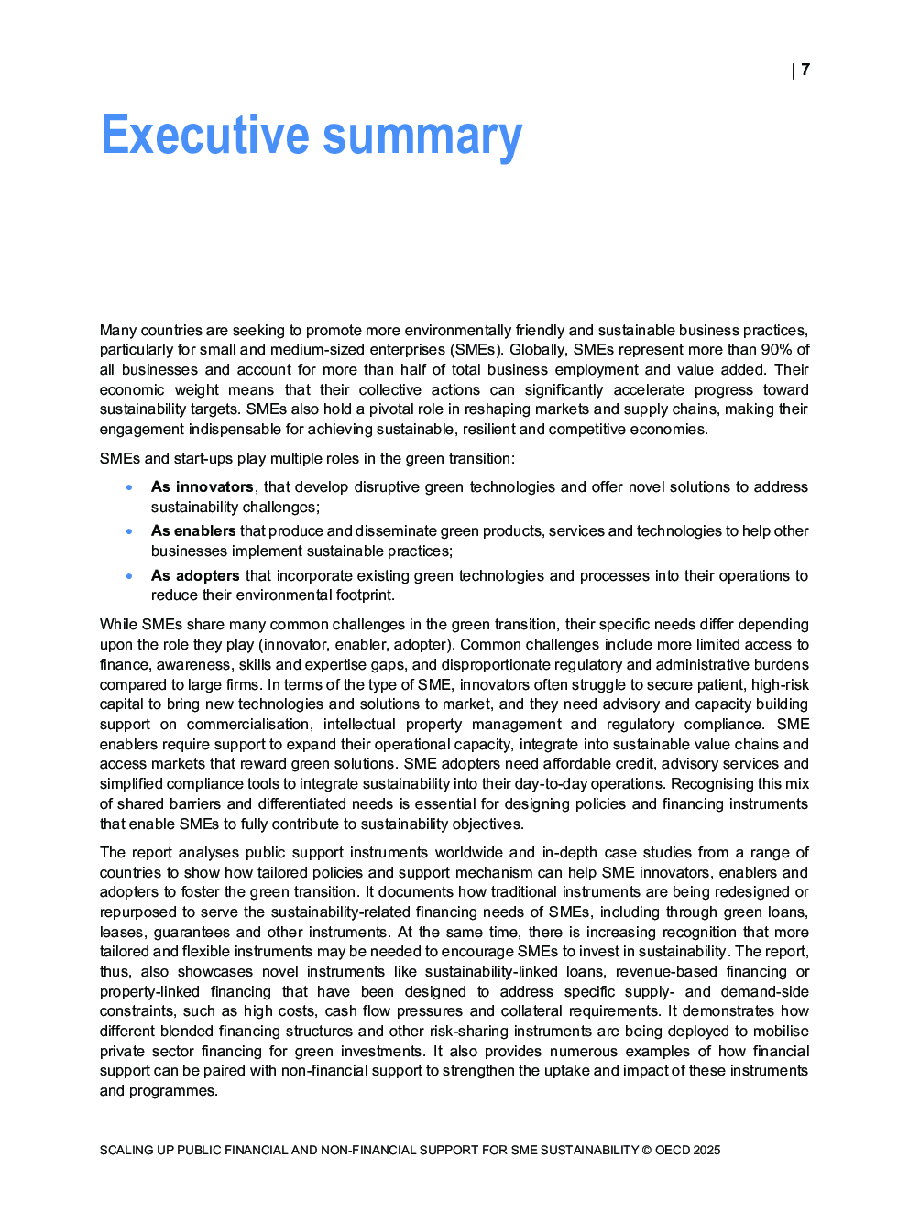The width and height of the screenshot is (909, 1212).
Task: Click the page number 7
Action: pos(805,70)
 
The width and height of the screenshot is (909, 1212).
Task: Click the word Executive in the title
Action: pos(205,136)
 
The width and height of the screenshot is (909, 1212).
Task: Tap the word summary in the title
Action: pos(422,137)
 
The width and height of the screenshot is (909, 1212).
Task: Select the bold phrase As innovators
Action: pos(202,487)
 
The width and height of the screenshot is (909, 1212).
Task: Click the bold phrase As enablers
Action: pos(193,531)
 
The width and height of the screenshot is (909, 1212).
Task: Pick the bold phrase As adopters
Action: pos(195,576)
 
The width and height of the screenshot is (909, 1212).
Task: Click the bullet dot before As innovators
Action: pos(130,487)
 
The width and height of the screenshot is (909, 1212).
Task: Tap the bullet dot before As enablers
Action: pos(130,531)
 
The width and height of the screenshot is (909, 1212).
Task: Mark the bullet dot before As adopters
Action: pos(130,576)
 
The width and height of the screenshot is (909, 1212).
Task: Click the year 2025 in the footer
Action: pos(706,1150)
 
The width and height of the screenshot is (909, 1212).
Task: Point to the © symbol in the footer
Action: pos(646,1150)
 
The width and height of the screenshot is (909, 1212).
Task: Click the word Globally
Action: pos(538,350)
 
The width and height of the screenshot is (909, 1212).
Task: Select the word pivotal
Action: pos(393,409)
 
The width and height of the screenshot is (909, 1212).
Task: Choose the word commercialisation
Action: pos(248,725)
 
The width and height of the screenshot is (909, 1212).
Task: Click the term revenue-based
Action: pos(666,972)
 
